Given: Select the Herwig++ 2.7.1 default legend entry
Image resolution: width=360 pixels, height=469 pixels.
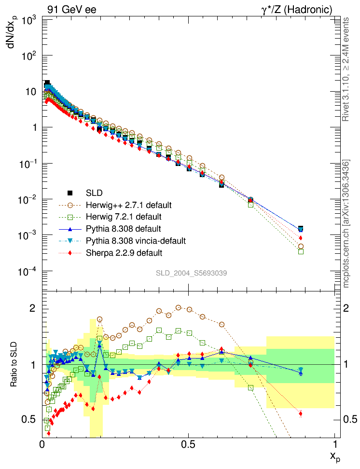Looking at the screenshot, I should (128, 206).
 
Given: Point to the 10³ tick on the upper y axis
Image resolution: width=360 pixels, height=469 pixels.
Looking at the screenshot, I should (30, 20).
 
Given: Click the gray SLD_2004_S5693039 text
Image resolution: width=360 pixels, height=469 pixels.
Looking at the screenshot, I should (191, 273).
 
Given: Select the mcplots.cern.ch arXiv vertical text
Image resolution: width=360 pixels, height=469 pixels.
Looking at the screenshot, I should (346, 224).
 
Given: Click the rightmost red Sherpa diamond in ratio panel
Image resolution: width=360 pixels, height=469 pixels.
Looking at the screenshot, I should (301, 414).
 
